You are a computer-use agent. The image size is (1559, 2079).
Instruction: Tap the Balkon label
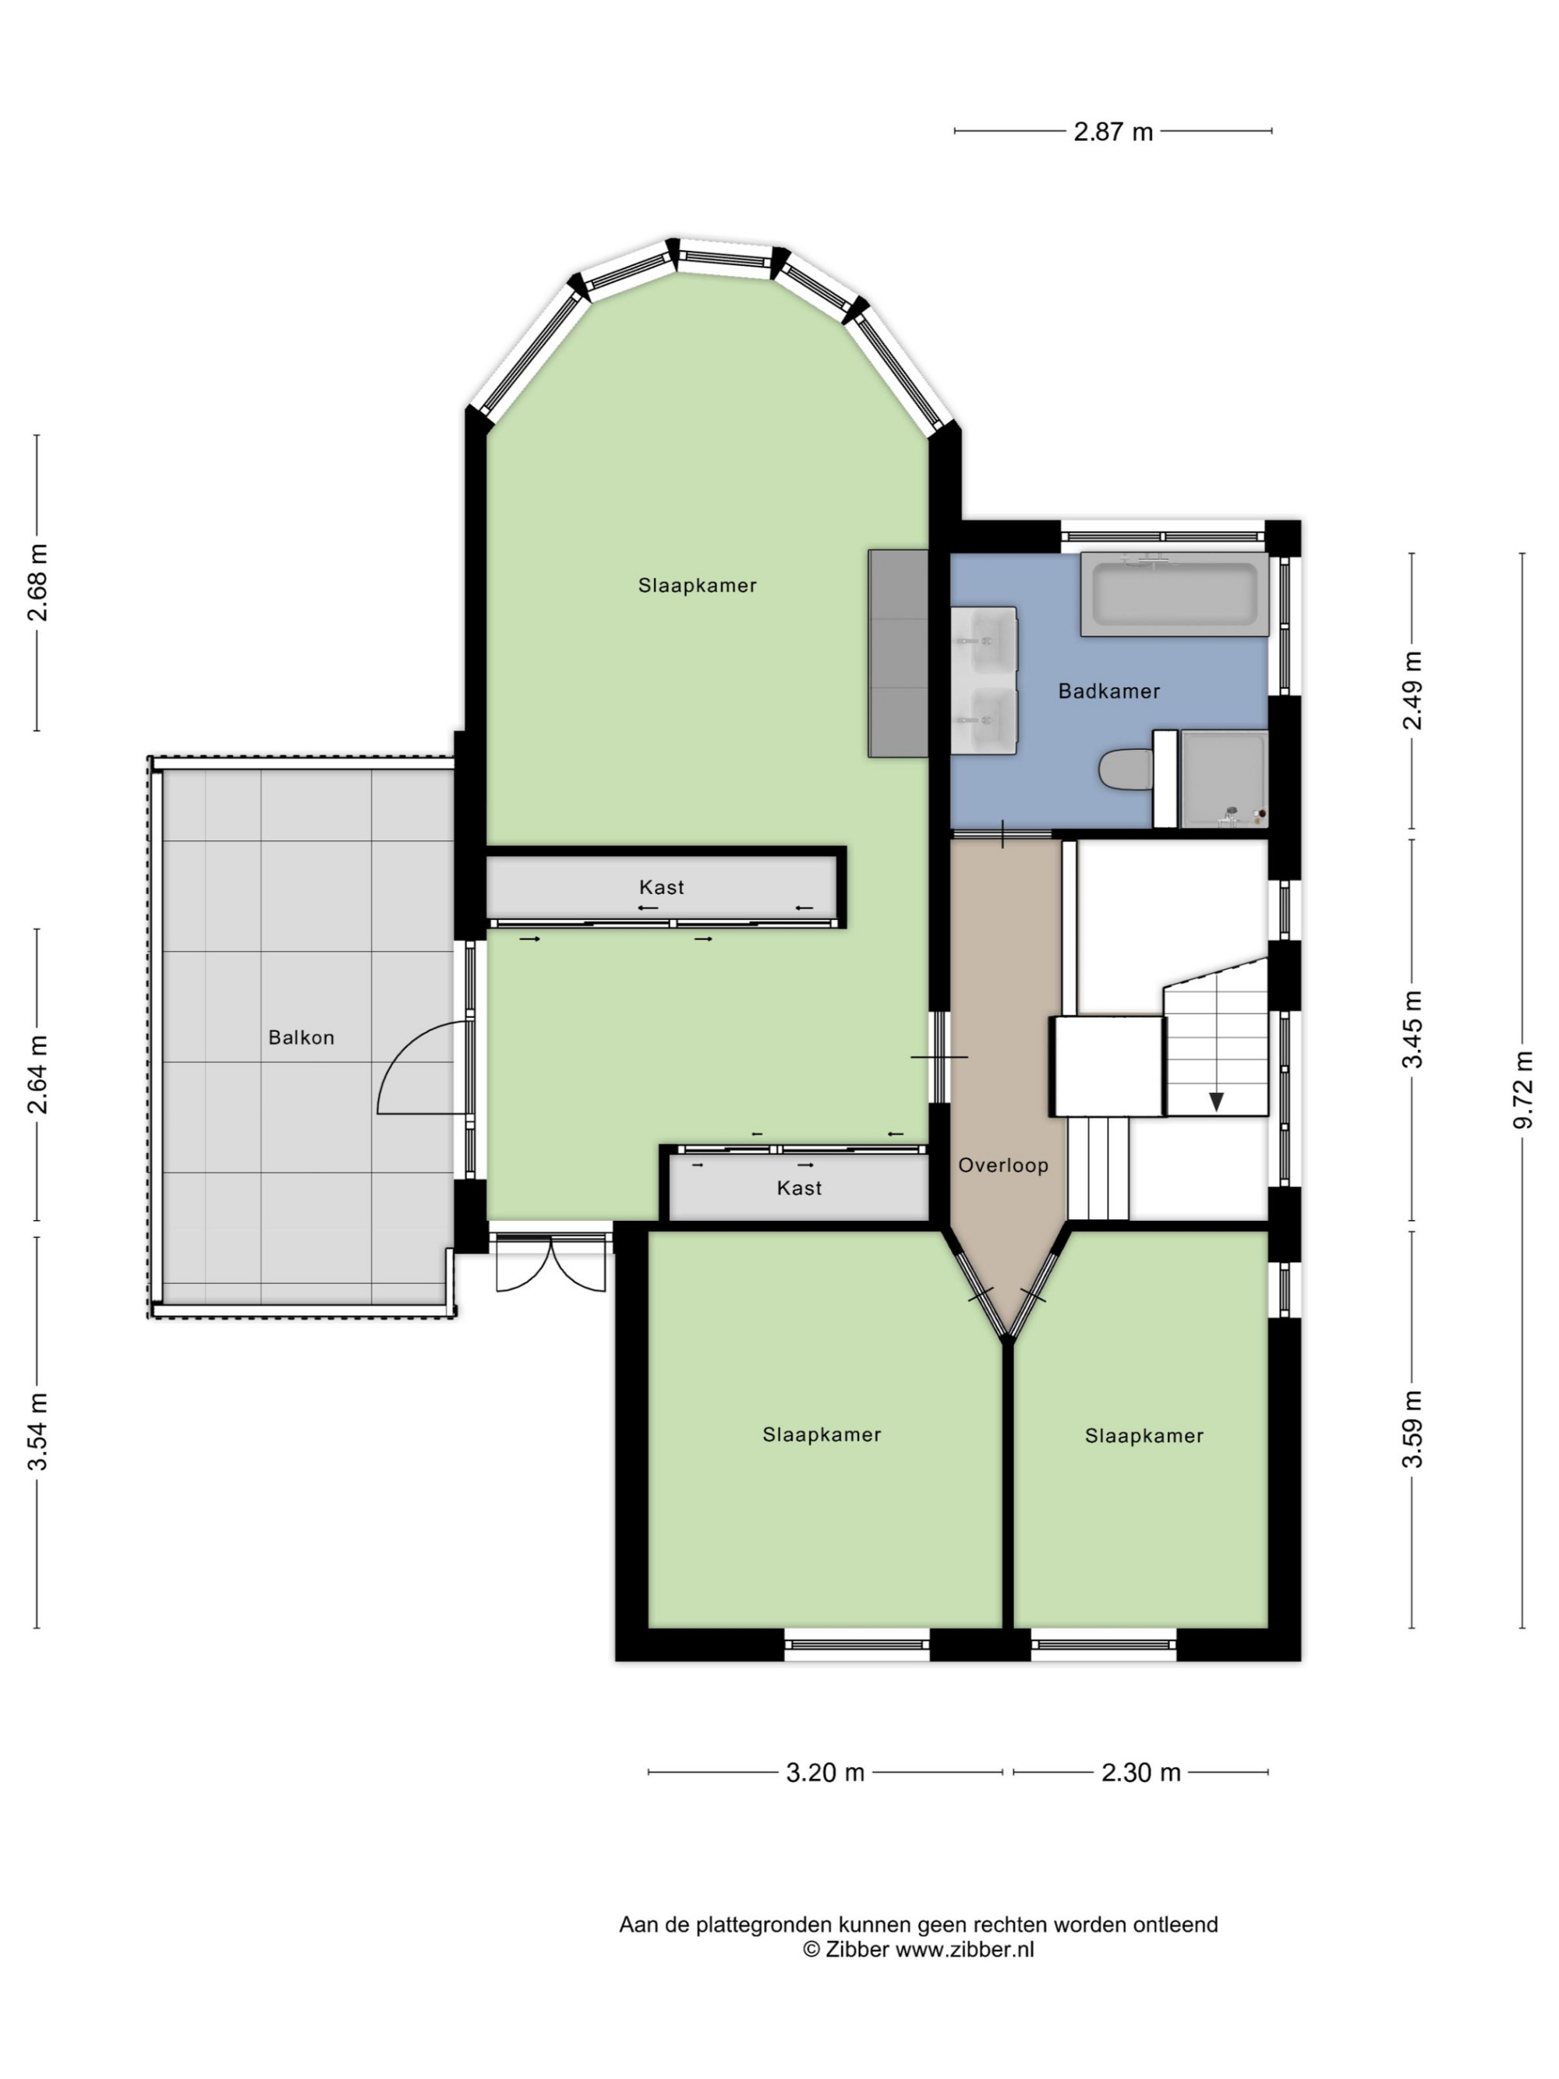tap(301, 1037)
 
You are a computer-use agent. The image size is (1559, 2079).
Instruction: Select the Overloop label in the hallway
tap(1002, 1165)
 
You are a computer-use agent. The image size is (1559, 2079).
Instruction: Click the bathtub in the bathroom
tap(1174, 594)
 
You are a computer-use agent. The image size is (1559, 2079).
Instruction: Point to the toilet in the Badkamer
tap(1126, 769)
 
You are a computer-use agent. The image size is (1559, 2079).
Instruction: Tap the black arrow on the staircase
tap(1216, 1101)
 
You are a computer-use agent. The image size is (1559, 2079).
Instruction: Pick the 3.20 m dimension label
tap(825, 1773)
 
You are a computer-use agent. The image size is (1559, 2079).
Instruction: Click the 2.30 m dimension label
tap(1141, 1773)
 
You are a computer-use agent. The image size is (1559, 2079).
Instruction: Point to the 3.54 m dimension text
tap(37, 1432)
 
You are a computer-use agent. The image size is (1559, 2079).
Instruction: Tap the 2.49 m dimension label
tap(1412, 690)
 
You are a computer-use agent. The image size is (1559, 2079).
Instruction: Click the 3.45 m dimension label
tap(1412, 1029)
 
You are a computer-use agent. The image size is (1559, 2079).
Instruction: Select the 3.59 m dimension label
tap(1412, 1429)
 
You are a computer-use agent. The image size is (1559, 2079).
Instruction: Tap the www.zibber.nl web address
tap(963, 1950)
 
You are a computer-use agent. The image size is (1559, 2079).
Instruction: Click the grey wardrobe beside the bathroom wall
tap(897, 653)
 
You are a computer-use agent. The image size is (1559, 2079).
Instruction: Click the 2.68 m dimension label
tap(37, 583)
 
